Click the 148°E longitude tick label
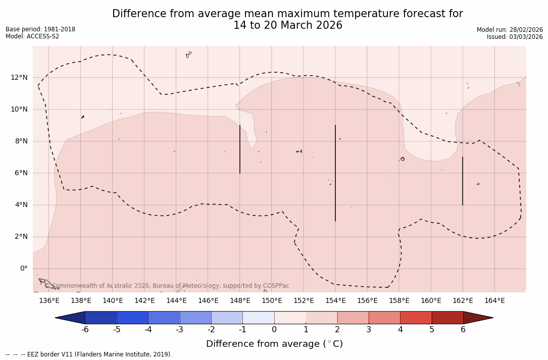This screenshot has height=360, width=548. point(240,301)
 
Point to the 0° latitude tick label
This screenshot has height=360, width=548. point(23,269)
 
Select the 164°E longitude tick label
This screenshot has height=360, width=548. point(494,301)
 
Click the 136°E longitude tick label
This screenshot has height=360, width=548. point(49,301)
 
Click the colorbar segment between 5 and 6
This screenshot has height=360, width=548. point(447,318)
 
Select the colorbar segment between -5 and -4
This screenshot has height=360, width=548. point(132,318)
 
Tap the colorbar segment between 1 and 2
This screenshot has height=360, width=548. point(321,318)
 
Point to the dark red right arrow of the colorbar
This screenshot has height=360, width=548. point(478,318)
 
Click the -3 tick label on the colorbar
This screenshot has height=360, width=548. point(179,330)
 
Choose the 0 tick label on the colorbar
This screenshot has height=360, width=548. point(274,330)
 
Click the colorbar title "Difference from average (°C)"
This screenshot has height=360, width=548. point(274,344)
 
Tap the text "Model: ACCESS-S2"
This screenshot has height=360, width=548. point(32,36)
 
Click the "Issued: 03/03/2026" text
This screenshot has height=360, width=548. point(515,37)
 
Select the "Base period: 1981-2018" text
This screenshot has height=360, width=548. point(40,29)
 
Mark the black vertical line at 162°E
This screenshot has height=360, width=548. point(463,181)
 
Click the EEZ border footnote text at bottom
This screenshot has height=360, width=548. point(89,354)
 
